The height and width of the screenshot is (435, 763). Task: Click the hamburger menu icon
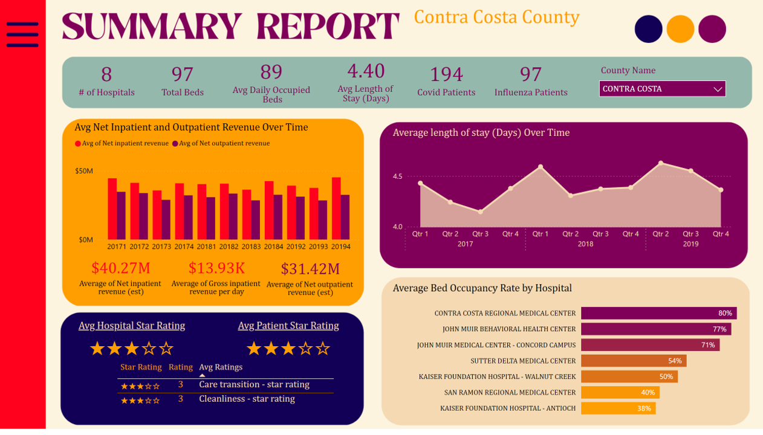click(x=22, y=34)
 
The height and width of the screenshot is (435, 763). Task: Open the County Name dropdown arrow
click(x=718, y=89)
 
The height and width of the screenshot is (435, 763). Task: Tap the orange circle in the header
click(x=680, y=29)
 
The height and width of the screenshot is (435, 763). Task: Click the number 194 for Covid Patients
click(x=446, y=74)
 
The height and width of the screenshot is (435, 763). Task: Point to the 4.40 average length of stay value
click(x=366, y=71)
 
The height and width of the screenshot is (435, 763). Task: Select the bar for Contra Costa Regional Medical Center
click(x=658, y=313)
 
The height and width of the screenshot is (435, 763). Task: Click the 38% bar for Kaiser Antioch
click(x=618, y=408)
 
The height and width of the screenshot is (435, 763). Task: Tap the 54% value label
click(x=675, y=361)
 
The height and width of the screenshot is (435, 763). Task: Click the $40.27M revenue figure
click(x=121, y=268)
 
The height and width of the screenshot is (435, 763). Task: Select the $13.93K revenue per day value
click(x=216, y=268)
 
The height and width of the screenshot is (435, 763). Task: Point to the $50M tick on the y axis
click(x=84, y=171)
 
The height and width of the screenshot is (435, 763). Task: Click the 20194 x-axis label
click(x=340, y=246)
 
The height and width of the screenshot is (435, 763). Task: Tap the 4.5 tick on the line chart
click(x=397, y=176)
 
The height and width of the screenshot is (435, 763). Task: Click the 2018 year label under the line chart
click(x=585, y=244)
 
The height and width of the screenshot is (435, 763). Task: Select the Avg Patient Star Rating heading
click(x=288, y=326)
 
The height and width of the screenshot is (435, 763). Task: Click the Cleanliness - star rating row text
click(x=247, y=399)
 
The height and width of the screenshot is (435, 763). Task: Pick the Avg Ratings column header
click(x=221, y=367)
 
